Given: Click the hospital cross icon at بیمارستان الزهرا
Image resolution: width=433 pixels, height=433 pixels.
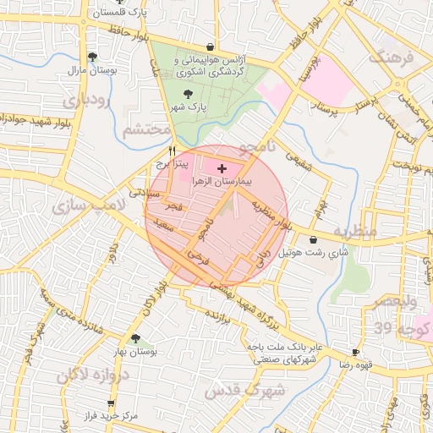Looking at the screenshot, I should [222, 169].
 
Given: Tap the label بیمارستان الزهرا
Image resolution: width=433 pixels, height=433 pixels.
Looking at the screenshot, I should [222, 182].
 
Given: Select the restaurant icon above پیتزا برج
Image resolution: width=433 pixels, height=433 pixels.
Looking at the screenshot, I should [173, 149].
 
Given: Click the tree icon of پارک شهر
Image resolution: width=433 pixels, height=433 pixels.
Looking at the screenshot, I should [187, 95].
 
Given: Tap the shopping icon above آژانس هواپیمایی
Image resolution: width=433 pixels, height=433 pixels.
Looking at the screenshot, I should [210, 47].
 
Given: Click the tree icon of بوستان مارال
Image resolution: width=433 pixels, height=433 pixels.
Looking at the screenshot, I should [91, 57].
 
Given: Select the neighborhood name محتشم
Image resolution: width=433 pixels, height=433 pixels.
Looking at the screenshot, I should [141, 130].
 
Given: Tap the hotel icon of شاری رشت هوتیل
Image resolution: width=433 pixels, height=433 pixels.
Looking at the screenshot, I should [314, 239].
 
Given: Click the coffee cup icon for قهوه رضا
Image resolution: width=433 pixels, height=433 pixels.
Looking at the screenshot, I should [355, 351].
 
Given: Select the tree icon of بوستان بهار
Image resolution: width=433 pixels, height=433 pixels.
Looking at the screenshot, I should [135, 337].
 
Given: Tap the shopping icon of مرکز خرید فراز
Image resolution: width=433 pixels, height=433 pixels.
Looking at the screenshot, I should [110, 405].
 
